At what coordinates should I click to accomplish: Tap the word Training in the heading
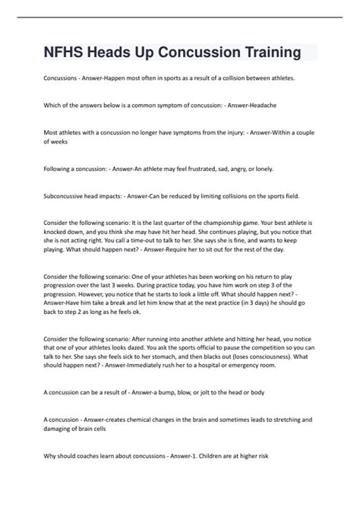coord(268,52)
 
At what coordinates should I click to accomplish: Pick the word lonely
coord(261,168)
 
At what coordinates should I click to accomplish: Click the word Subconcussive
coord(66,195)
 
